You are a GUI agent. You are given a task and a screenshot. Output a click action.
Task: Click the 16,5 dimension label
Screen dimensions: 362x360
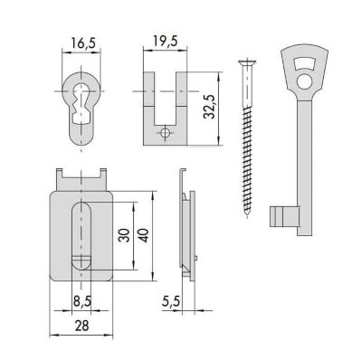point(83,43)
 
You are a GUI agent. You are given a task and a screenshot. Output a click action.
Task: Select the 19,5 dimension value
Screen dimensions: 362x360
point(166,41)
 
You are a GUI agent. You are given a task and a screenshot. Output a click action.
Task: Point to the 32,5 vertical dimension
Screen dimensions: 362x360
point(209,107)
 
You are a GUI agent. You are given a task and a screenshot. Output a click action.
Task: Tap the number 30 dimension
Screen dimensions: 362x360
point(124,235)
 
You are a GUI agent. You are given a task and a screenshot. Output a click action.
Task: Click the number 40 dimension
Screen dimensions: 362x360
point(143,235)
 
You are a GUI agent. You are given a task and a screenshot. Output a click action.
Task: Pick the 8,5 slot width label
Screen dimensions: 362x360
point(82,301)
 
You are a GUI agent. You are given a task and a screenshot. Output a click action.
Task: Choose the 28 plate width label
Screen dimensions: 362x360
point(81,326)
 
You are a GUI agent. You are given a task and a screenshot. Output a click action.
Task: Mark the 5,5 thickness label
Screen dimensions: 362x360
point(171,301)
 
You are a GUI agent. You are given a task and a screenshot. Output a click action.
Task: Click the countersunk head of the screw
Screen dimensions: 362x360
point(247,62)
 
